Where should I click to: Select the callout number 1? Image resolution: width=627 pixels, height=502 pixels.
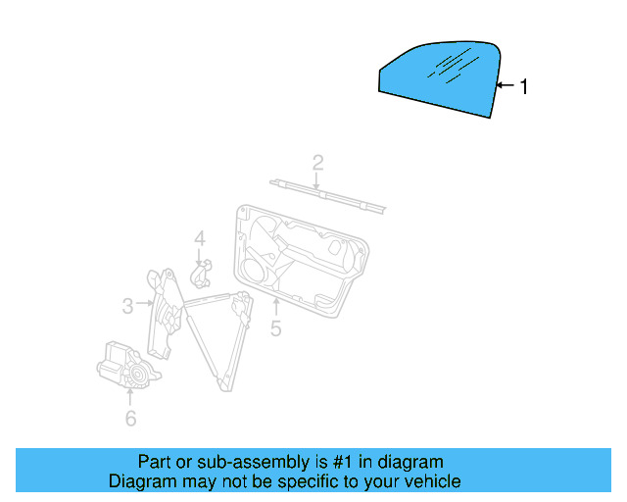pyautogui.click(x=523, y=87)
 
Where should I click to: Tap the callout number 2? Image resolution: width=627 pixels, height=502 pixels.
pyautogui.click(x=317, y=162)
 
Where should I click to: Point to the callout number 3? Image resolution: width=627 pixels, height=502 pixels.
pyautogui.click(x=127, y=306)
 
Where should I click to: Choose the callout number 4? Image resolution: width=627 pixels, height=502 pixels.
pyautogui.click(x=199, y=238)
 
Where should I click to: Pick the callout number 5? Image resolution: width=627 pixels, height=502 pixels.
pyautogui.click(x=275, y=329)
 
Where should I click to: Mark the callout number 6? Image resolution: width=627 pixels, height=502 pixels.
pyautogui.click(x=130, y=419)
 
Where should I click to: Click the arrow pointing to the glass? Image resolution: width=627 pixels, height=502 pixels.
pyautogui.click(x=504, y=87)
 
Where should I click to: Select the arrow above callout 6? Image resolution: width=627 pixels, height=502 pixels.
pyautogui.click(x=130, y=395)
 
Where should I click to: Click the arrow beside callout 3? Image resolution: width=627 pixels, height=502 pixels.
pyautogui.click(x=145, y=305)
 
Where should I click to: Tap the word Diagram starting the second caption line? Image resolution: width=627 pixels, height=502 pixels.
pyautogui.click(x=142, y=481)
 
